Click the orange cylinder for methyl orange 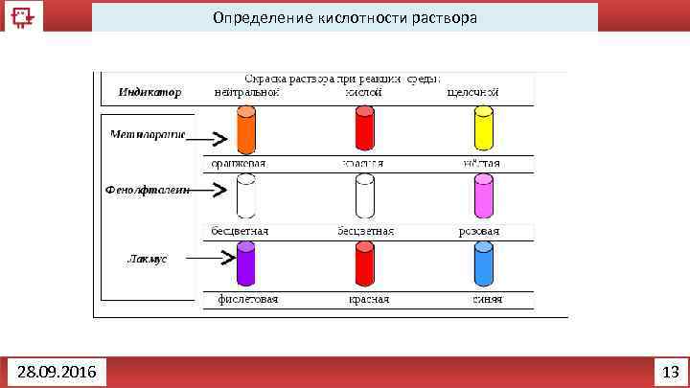[245, 130]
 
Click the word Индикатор [149, 92]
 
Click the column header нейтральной [245, 92]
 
